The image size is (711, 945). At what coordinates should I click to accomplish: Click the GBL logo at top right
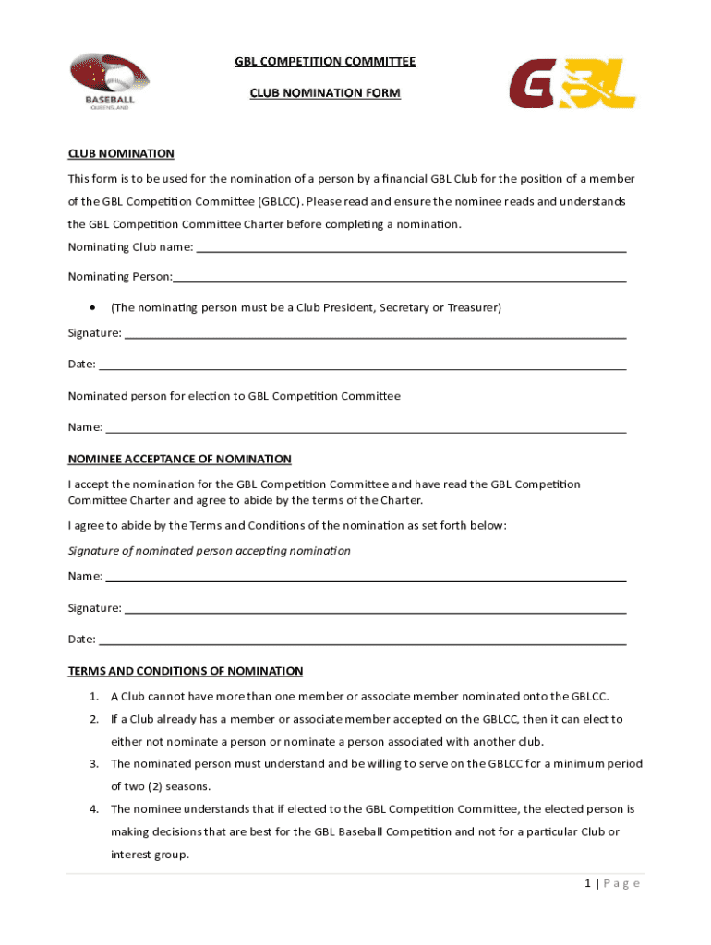click(572, 84)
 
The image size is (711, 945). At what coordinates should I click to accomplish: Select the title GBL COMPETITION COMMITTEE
click(325, 62)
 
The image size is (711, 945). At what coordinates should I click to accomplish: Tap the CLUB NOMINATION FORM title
click(325, 93)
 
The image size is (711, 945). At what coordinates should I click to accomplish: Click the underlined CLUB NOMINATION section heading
click(121, 153)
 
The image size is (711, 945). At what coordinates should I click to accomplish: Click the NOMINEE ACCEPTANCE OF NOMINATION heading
click(180, 459)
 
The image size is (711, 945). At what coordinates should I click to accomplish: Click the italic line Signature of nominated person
click(210, 551)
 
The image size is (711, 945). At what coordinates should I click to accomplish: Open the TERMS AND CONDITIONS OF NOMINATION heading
click(186, 671)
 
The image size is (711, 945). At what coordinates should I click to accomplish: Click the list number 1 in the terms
click(94, 697)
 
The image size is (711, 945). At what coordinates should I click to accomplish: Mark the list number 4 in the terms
click(94, 809)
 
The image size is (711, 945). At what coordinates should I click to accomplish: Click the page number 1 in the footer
click(587, 883)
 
